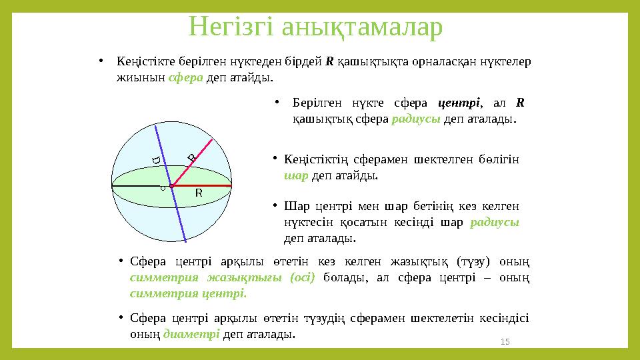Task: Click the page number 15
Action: pos(505,341)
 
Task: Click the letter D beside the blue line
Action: pos(155,161)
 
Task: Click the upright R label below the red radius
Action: pos(198,193)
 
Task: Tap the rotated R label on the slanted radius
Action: pos(191,157)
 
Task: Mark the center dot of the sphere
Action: pos(172,186)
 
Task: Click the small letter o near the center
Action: pos(162,189)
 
